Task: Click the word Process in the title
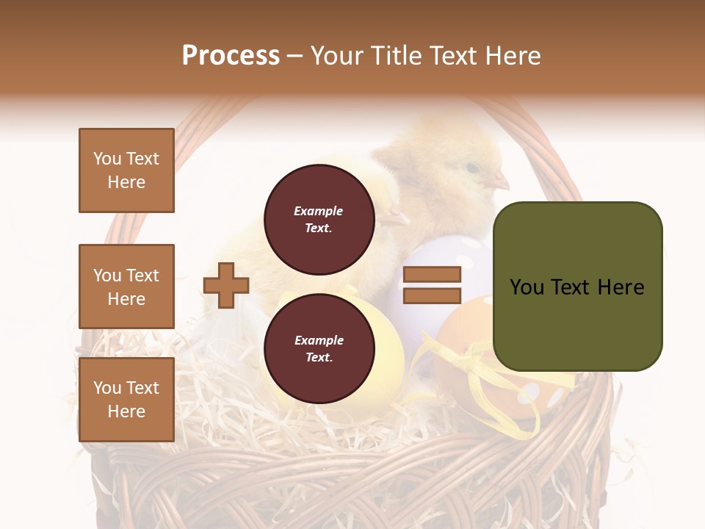(x=231, y=56)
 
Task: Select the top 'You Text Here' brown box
(x=126, y=170)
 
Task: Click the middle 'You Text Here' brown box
(x=126, y=287)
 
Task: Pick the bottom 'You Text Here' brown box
(x=126, y=399)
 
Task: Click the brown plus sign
(x=226, y=285)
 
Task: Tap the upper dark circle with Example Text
(x=319, y=219)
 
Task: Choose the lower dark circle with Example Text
(x=319, y=348)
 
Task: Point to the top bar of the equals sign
(x=433, y=275)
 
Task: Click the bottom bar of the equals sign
(x=433, y=295)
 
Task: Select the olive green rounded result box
(x=577, y=287)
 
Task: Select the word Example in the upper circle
(x=319, y=211)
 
